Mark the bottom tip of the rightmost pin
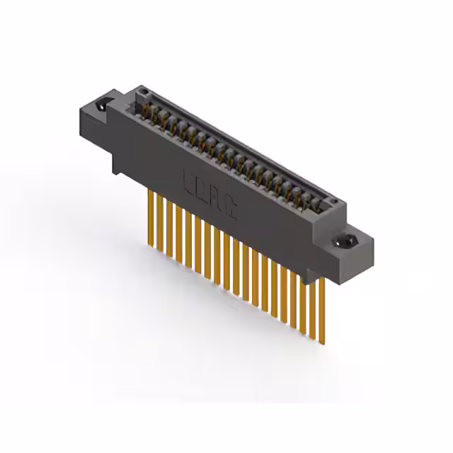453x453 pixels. point(323,343)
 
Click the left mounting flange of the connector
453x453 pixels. point(99,120)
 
